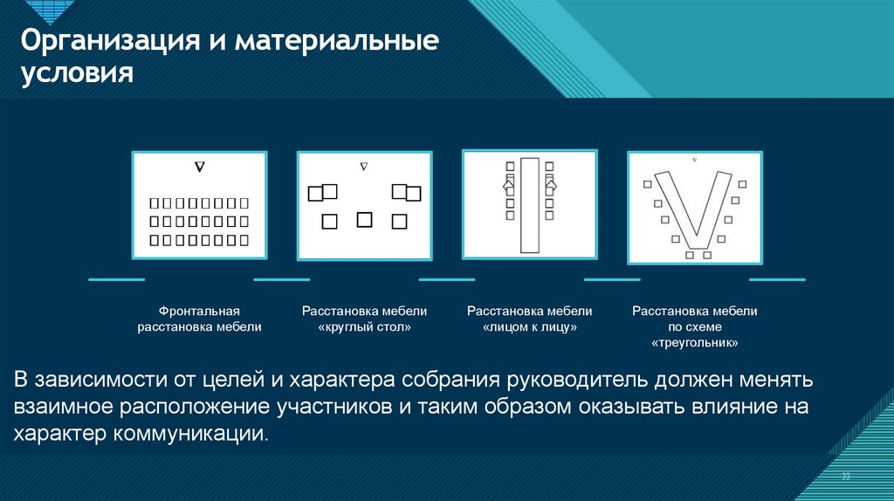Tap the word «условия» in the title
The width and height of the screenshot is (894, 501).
pyautogui.click(x=77, y=74)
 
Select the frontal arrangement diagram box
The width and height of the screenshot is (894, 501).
pyautogui.click(x=200, y=205)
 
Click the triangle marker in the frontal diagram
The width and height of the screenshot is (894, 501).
pyautogui.click(x=200, y=167)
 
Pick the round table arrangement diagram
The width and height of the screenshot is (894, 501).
pyautogui.click(x=364, y=205)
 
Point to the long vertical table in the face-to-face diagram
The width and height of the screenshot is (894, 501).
pyautogui.click(x=530, y=205)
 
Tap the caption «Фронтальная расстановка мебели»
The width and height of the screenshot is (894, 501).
pyautogui.click(x=199, y=319)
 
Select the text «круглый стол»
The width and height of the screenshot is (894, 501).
pyautogui.click(x=365, y=327)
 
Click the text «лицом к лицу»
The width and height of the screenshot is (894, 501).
pyautogui.click(x=530, y=327)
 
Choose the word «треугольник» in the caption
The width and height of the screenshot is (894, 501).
pyautogui.click(x=694, y=343)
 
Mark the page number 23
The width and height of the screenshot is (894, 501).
pyautogui.click(x=846, y=477)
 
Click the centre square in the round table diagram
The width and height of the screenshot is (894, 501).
pyautogui.click(x=364, y=219)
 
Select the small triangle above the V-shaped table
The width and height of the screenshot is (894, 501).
pyautogui.click(x=694, y=160)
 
